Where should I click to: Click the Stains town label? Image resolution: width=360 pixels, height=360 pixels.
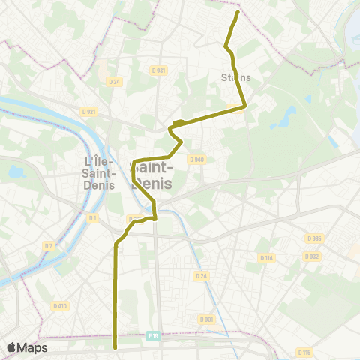235,76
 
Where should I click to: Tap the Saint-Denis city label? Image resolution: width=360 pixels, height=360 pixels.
152,175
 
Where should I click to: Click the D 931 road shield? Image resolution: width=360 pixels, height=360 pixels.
157,70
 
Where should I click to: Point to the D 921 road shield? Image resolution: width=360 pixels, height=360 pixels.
88,112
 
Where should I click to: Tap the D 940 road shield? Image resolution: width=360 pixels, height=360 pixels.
197,159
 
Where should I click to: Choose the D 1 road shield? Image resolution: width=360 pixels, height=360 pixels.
93,218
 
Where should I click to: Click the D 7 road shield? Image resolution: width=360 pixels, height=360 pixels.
49,245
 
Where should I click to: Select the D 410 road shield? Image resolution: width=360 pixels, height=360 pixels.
60,305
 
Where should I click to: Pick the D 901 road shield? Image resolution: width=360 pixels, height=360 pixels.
207,319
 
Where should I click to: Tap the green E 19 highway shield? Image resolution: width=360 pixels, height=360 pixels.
154,337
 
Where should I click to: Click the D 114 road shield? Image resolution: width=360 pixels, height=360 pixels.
266,257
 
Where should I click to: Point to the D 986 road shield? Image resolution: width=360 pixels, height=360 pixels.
313,238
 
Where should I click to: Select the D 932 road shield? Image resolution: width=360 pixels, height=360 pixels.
312,256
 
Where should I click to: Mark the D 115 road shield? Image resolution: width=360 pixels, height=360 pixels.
304,351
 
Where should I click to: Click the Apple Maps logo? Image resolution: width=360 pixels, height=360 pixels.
27,347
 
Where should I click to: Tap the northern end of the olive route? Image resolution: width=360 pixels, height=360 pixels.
238,12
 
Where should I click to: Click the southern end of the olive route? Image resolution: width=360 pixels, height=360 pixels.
115,347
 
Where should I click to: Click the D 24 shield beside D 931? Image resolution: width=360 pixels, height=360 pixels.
114,81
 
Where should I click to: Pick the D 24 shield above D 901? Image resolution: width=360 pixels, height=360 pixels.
200,276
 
